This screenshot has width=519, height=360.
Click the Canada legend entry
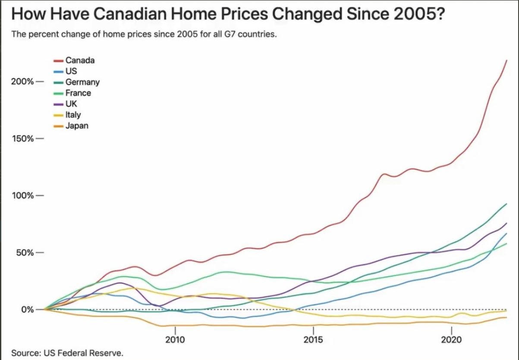coord(80,60)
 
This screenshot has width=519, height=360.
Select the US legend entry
coord(71,71)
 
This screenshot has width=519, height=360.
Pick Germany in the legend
coord(82,82)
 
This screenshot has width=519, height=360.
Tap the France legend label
coord(78,93)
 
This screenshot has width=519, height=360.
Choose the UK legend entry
coord(71,104)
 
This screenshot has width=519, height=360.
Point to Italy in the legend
coord(73,115)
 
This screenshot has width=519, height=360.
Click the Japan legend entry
coord(77,126)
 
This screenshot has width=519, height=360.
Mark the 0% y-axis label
coord(25,310)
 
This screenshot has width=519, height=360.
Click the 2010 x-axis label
coord(175,340)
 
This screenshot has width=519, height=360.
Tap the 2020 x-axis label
coord(451,340)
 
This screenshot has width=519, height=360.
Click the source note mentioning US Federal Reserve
coord(67,353)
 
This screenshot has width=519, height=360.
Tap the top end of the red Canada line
coord(506,60)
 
